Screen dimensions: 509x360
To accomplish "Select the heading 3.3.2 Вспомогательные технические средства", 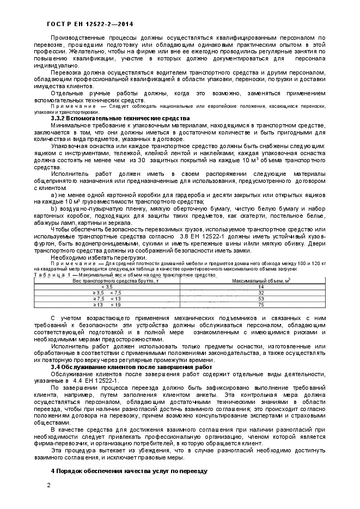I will point(120,118).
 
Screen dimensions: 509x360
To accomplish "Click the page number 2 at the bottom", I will point(48,485).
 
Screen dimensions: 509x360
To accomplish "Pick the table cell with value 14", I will point(261,286).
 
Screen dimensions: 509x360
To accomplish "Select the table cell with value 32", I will point(261,292).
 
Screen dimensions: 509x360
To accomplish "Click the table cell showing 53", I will point(261,298).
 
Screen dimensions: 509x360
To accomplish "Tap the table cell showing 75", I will point(261,304).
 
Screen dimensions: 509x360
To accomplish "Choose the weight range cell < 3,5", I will point(107,286).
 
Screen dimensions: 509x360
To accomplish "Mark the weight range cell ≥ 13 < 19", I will point(107,304).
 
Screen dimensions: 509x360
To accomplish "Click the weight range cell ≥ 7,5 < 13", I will point(107,298).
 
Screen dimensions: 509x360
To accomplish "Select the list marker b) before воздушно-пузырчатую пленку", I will point(53,208).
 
